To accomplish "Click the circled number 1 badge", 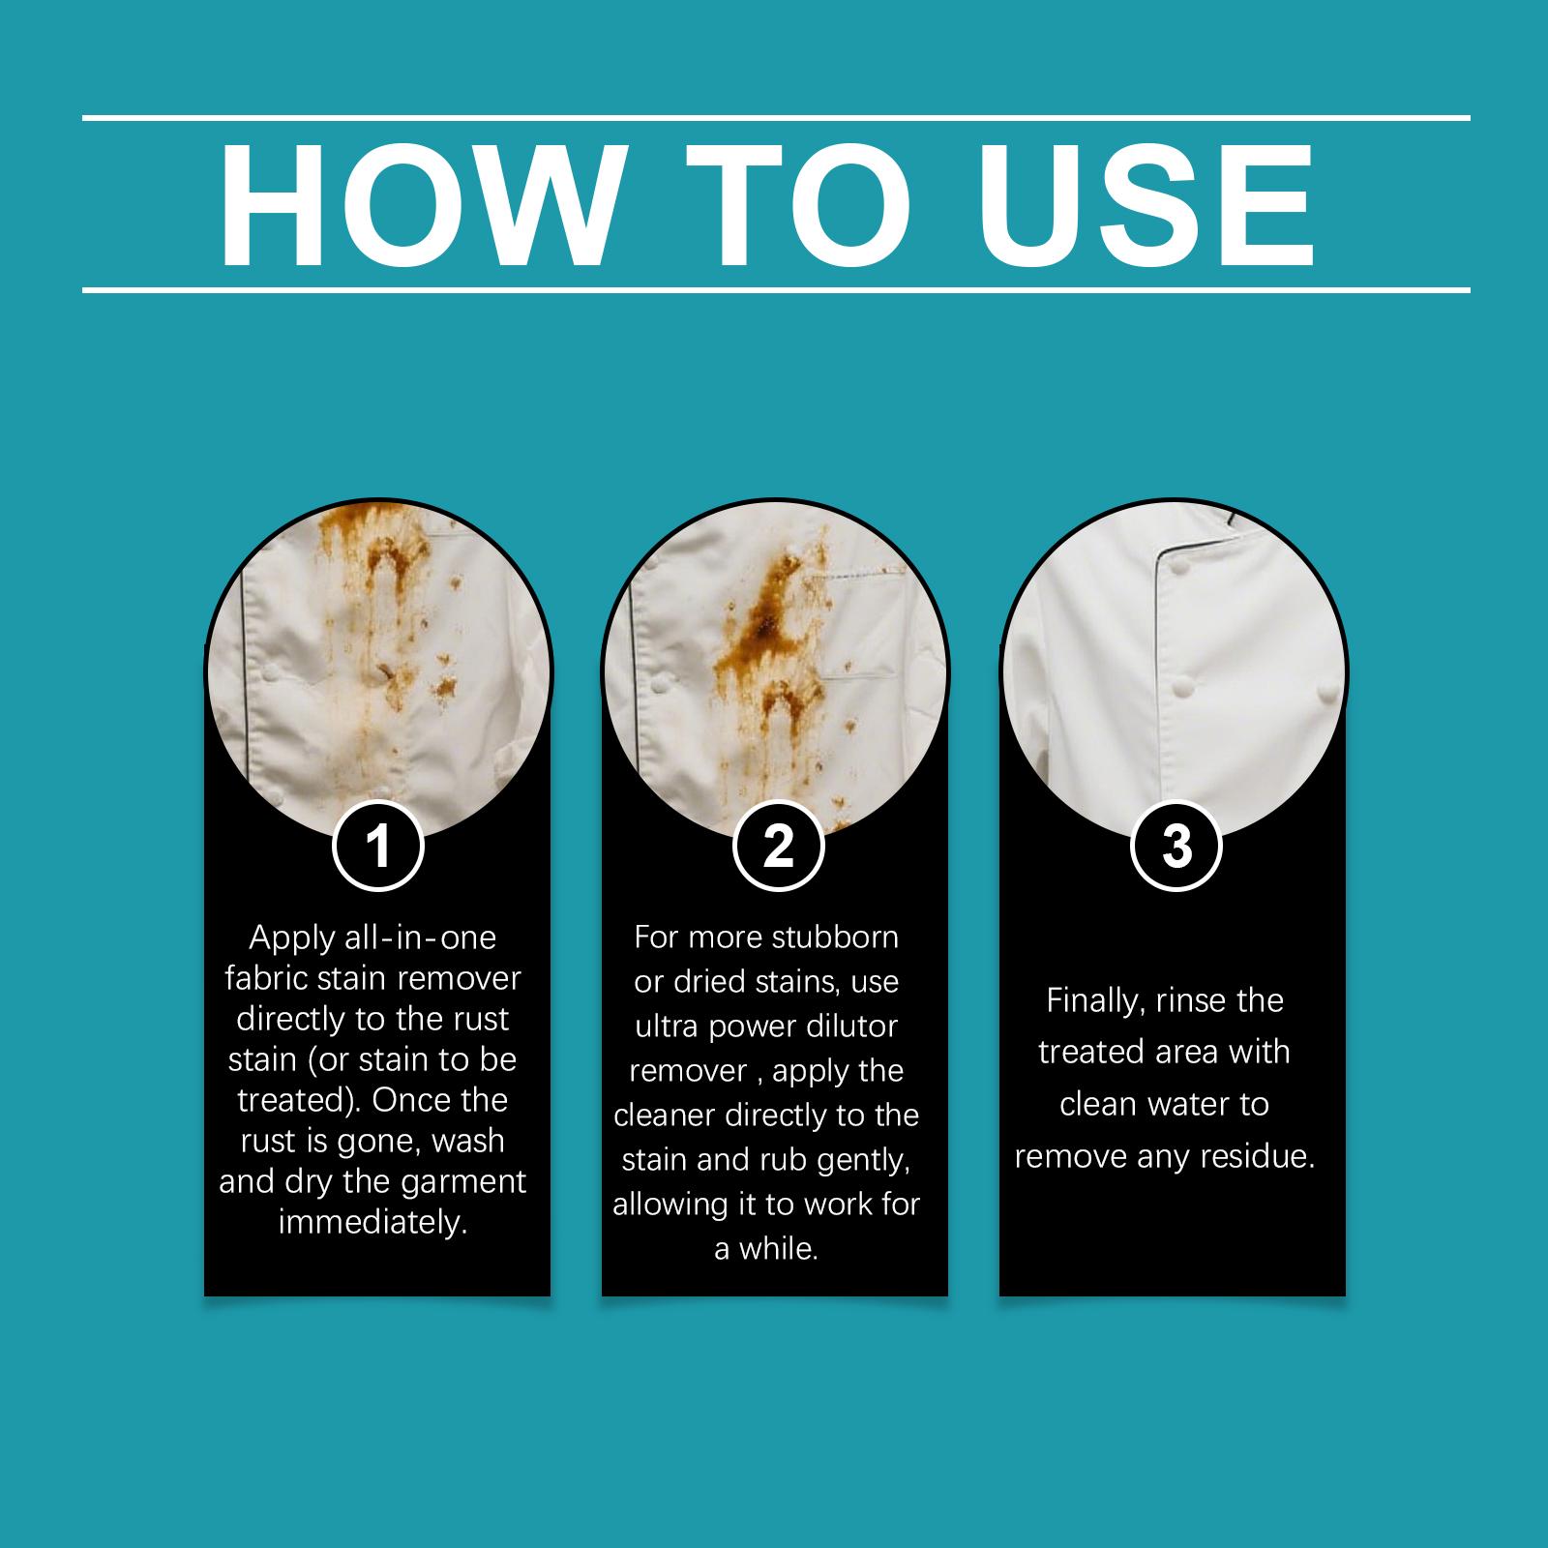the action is [378, 847].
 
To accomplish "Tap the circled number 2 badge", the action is [778, 847].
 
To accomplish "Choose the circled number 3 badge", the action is [1176, 847].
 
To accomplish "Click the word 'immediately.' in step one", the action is [373, 1223].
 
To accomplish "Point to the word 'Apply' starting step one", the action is [291, 938].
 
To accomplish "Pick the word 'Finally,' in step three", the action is [1095, 1001].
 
